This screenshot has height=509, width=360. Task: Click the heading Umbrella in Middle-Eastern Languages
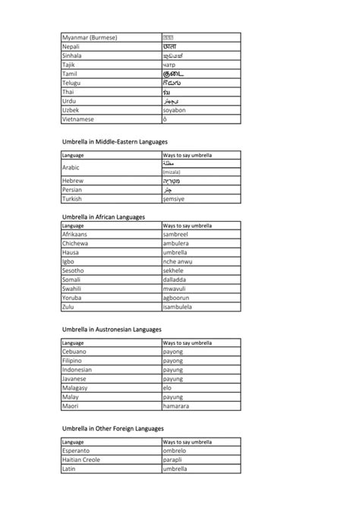(x=115, y=141)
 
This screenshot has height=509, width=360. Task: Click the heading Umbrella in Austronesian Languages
(x=112, y=330)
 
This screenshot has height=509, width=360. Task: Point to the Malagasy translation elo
(x=167, y=387)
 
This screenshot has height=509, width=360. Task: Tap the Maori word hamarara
(x=176, y=406)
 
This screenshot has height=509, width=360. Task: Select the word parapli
(x=173, y=460)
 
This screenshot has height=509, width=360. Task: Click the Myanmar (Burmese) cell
(x=90, y=37)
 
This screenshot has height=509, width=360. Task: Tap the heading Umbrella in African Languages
(x=103, y=217)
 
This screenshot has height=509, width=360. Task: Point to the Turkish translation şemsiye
(x=174, y=199)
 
